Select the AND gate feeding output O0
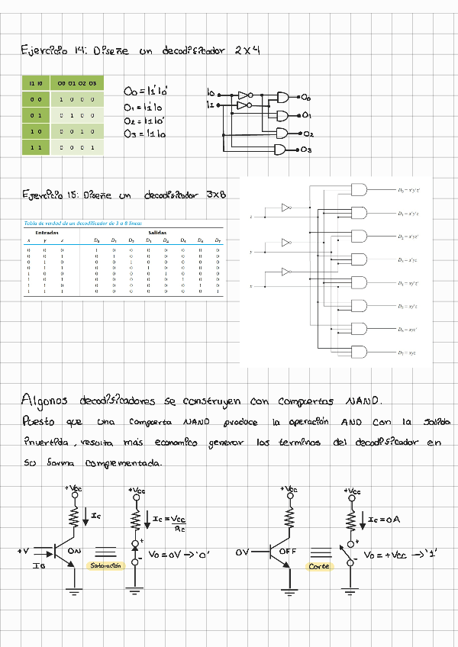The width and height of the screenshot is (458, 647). pos(283,98)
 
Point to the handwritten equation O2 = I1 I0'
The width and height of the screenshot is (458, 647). pos(145,121)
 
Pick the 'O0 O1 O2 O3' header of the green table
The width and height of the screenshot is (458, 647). pos(76,83)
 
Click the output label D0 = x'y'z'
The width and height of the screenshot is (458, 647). pos(411,190)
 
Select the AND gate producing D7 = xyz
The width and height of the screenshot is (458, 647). pos(358,352)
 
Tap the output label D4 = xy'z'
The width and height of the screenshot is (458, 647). pos(411,283)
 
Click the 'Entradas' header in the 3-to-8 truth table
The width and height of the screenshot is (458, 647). pos(47,233)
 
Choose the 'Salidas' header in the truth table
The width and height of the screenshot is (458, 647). pos(158,233)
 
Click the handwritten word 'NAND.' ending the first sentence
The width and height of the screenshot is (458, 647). pos(365,401)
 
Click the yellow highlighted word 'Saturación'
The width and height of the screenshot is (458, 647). pos(105,565)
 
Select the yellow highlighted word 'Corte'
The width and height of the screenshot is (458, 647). pos(318,566)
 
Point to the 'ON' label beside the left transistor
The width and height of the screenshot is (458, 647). pos(75,549)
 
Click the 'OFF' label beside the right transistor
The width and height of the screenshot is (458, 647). pos(289,549)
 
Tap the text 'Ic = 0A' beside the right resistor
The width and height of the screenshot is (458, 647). pos(383,520)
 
